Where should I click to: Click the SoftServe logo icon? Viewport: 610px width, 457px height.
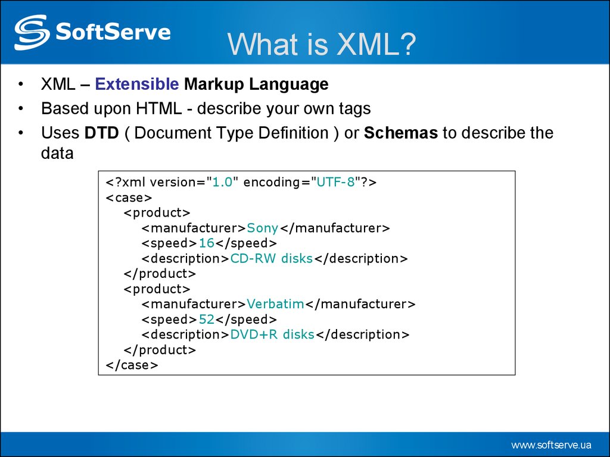coord(32,32)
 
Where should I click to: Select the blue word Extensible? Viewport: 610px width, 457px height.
coord(137,84)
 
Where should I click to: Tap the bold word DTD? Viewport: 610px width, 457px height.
coord(102,133)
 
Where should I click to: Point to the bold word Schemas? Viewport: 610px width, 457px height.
coord(401,133)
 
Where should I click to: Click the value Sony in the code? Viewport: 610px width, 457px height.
coord(263,228)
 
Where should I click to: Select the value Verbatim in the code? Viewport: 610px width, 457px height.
coord(275,304)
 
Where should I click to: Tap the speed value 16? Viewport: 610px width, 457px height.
coord(206,243)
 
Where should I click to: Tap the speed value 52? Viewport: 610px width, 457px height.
coord(206,320)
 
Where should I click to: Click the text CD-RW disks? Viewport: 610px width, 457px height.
coord(271,259)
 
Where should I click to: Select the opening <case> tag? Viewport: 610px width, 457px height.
coord(129,198)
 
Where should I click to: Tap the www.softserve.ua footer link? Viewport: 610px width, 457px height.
coord(551,445)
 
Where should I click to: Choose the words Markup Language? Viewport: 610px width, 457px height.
coord(256,84)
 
